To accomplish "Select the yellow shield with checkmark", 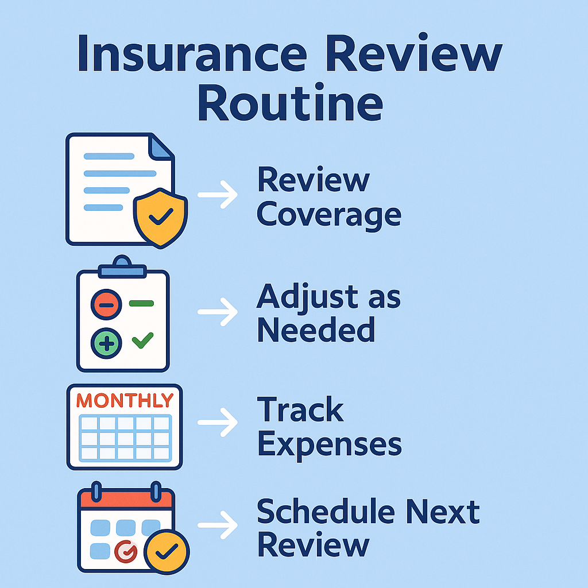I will pyautogui.click(x=161, y=216).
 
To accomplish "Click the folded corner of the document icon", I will pyautogui.click(x=161, y=147).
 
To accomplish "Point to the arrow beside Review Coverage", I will pyautogui.click(x=218, y=195).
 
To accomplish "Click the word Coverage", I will pyautogui.click(x=328, y=214).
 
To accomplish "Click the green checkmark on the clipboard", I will pyautogui.click(x=142, y=341).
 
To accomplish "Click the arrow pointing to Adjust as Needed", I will pyautogui.click(x=218, y=312).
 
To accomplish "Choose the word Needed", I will pyautogui.click(x=315, y=330).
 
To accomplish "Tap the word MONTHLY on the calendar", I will pyautogui.click(x=125, y=400).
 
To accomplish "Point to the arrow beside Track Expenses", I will pyautogui.click(x=218, y=423).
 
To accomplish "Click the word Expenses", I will pyautogui.click(x=329, y=444).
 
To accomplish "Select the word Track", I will pyautogui.click(x=300, y=410).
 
